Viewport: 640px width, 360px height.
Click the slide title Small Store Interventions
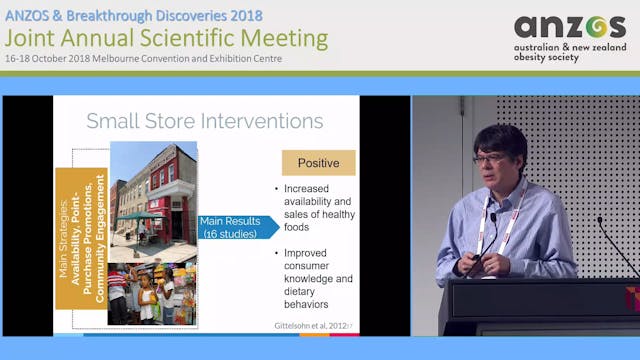204,121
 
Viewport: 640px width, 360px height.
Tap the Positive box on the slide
318,163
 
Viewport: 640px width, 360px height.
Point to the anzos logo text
569,27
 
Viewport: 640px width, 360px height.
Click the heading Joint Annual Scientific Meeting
166,39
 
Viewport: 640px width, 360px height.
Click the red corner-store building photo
155,190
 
